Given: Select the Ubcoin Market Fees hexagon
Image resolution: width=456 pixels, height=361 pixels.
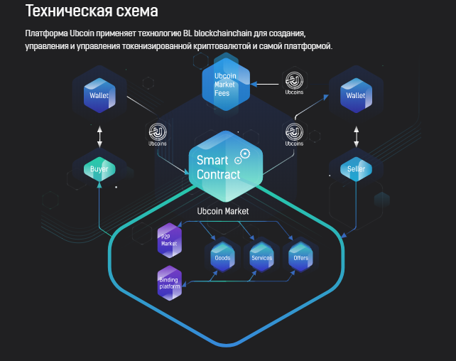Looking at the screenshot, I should click(225, 85).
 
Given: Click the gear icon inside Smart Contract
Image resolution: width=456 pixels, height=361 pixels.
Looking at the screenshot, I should click(246, 153).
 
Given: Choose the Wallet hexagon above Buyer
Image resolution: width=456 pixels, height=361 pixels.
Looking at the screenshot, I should click(99, 95).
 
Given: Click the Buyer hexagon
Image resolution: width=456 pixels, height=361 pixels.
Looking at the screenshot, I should click(99, 169).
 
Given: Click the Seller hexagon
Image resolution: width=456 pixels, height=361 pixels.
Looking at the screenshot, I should click(355, 169).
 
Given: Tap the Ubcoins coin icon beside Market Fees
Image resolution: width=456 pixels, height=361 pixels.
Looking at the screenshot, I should click(294, 80).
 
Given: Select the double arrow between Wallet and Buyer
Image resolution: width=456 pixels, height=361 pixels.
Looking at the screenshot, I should click(99, 135).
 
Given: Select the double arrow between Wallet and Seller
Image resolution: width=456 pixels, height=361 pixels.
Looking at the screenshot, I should click(356, 135).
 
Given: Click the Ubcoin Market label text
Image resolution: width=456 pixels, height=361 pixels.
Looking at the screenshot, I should click(222, 211).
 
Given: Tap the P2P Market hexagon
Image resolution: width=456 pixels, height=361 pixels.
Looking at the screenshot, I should click(169, 240).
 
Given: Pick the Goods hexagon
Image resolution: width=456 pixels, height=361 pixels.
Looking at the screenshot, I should click(222, 257).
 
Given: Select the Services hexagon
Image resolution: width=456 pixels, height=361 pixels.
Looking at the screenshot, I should click(261, 257).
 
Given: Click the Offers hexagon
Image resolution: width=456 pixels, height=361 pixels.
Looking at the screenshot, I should click(300, 257).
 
